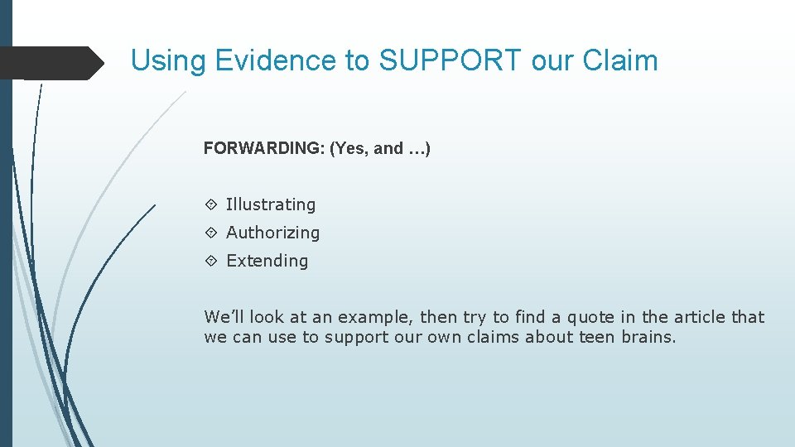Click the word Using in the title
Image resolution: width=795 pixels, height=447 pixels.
coord(169,60)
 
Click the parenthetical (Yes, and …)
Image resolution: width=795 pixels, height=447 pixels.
coord(380,149)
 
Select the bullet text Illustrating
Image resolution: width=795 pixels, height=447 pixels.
coord(271,204)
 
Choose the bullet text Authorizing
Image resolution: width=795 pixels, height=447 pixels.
coord(272,233)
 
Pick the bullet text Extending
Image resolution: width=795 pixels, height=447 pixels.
coord(267,261)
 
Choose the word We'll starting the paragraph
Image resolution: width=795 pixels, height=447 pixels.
coord(224,317)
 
